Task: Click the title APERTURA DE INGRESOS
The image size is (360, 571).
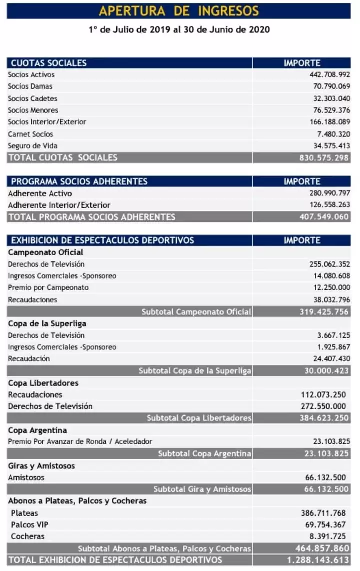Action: pos(179,11)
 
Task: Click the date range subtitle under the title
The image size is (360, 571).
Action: pos(179,30)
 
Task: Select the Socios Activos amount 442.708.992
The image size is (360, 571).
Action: pos(330,75)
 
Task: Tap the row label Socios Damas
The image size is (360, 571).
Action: pos(30,86)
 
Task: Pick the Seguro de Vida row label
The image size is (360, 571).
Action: pos(33,146)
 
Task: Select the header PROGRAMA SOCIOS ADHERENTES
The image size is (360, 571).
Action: pos(79,181)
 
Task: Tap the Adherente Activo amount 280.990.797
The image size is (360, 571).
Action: pos(330,193)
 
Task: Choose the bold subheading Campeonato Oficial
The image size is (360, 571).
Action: pos(46,252)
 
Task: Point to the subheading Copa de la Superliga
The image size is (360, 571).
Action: pos(47,323)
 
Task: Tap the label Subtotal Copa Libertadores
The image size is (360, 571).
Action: pos(199,418)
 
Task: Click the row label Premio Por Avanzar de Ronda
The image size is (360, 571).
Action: pos(80,442)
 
